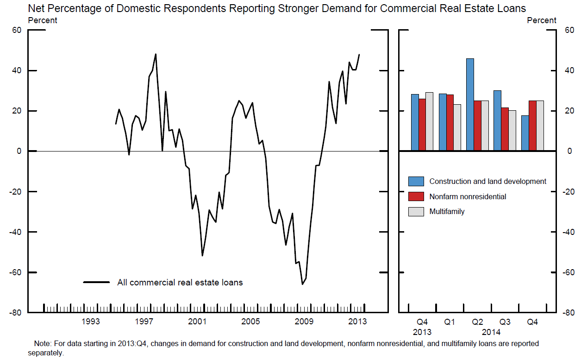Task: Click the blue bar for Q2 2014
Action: click(470, 105)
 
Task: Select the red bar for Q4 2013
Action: click(422, 125)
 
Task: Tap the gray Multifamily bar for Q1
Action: click(457, 127)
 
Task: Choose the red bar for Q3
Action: click(505, 129)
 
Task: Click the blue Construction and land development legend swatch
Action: click(416, 182)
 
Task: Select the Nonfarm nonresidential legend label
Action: click(468, 196)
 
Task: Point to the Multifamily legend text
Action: click(447, 211)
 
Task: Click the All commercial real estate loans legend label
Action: click(180, 282)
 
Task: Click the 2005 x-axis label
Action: click(250, 322)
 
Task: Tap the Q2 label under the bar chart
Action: click(477, 322)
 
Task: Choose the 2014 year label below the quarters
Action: click(491, 332)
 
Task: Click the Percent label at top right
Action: click(542, 20)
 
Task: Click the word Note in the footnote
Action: click(43, 344)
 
